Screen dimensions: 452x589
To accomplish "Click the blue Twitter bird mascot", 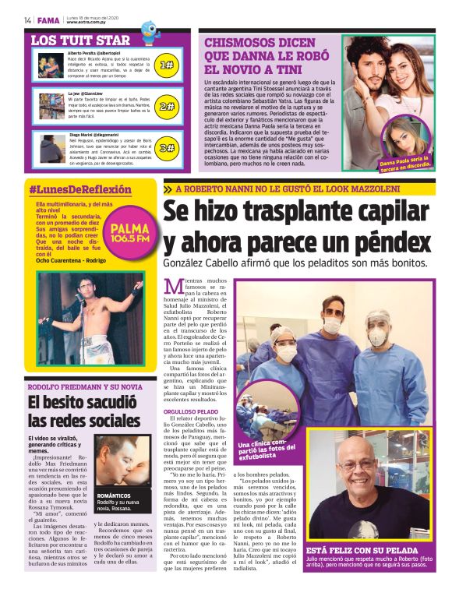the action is pos(150,30).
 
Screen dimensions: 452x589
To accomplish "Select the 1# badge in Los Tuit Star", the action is pos(166,65).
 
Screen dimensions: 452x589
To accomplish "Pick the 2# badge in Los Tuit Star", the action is pos(166,107).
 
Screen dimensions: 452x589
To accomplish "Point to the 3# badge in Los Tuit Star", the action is pos(166,147).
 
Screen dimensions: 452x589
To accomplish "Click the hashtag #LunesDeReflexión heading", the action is pos(80,189).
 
